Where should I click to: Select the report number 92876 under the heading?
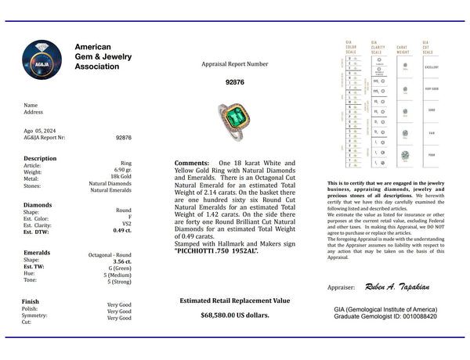pos(235,81)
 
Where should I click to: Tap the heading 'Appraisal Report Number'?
pos(235,63)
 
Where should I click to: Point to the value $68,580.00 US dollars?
pos(235,315)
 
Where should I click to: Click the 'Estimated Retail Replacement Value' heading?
pos(235,300)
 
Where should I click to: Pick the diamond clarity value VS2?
pos(125,225)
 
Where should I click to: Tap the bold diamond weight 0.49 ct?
pos(121,232)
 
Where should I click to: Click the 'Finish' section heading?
pos(31,300)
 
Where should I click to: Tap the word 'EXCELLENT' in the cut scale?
pos(430,67)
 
